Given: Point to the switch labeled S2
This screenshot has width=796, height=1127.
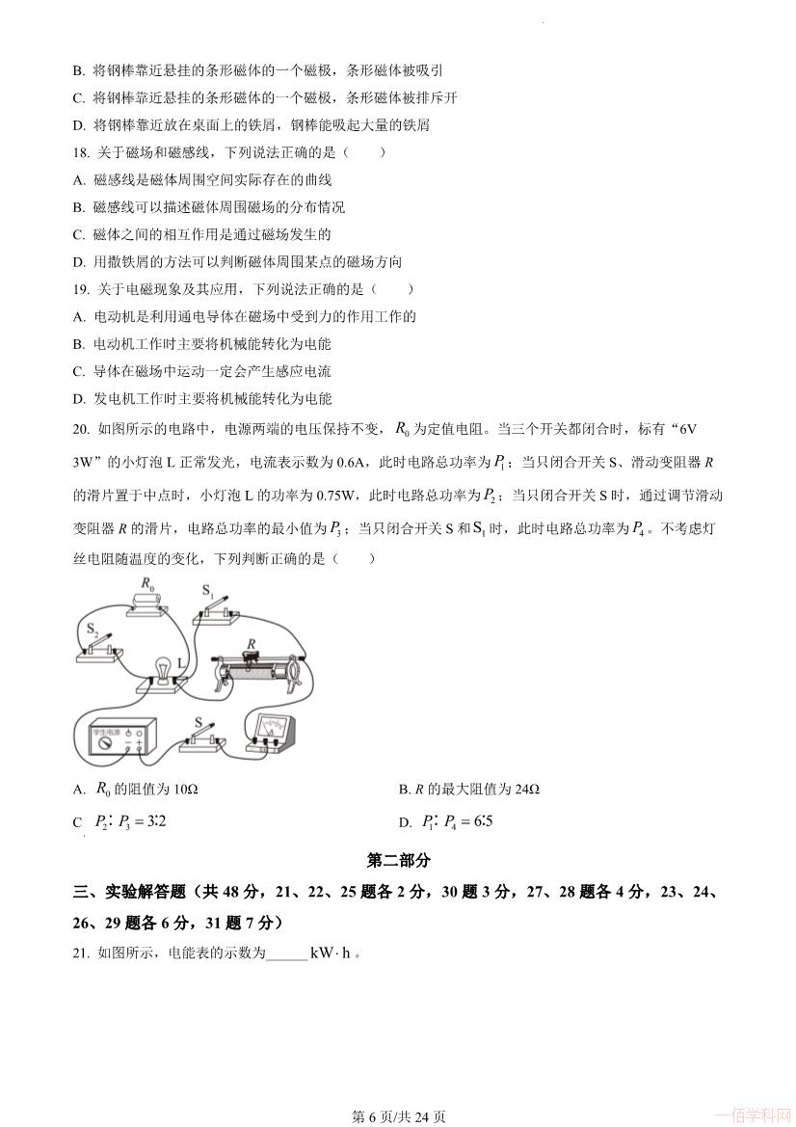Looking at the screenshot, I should pyautogui.click(x=99, y=649).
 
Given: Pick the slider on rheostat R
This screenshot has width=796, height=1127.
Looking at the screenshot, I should pyautogui.click(x=252, y=657).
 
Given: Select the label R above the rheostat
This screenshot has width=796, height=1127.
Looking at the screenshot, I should pyautogui.click(x=252, y=641).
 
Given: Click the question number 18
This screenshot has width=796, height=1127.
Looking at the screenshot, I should pyautogui.click(x=81, y=152).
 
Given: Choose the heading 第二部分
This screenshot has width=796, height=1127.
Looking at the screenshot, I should pyautogui.click(x=398, y=860).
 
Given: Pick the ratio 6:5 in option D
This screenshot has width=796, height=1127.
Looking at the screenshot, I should pyautogui.click(x=478, y=822).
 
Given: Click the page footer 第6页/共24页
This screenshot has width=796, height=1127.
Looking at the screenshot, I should pyautogui.click(x=398, y=1116).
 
